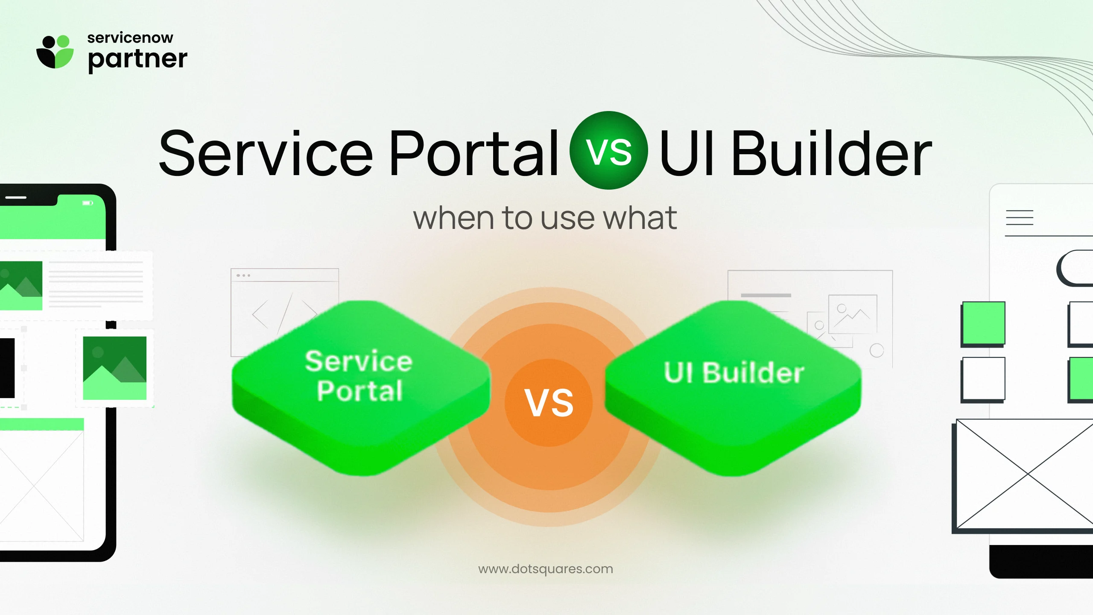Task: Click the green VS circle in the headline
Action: pyautogui.click(x=608, y=150)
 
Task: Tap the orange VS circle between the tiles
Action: pyautogui.click(x=549, y=403)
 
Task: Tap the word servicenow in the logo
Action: pyautogui.click(x=130, y=38)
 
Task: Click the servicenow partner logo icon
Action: pyautogui.click(x=55, y=52)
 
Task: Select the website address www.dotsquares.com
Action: pyautogui.click(x=546, y=569)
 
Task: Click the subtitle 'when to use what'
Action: pyautogui.click(x=545, y=218)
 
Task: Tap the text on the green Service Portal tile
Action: pyautogui.click(x=359, y=376)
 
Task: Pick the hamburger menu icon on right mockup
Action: pyautogui.click(x=1020, y=217)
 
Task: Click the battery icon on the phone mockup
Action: pyautogui.click(x=88, y=203)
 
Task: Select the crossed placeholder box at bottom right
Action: pyautogui.click(x=1025, y=474)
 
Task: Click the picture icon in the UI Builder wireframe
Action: pyautogui.click(x=853, y=314)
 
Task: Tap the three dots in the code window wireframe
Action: pyautogui.click(x=243, y=275)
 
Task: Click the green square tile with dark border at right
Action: pyautogui.click(x=983, y=323)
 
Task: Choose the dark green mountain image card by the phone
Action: pyautogui.click(x=114, y=368)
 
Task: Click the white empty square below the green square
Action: pyautogui.click(x=983, y=379)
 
